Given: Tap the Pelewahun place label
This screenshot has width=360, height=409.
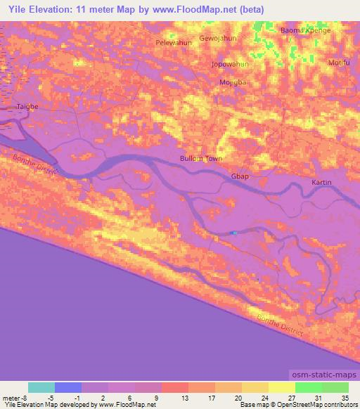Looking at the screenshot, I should pos(173,42).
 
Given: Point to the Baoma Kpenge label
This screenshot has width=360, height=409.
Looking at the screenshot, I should pos(305,31).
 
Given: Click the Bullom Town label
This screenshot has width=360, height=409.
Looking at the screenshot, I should pos(201,159).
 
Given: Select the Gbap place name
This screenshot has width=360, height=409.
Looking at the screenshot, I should pos(240,177).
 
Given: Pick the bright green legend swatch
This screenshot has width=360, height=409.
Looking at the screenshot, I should pos(308,387).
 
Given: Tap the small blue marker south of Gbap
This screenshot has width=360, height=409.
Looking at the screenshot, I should pos(234,233).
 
